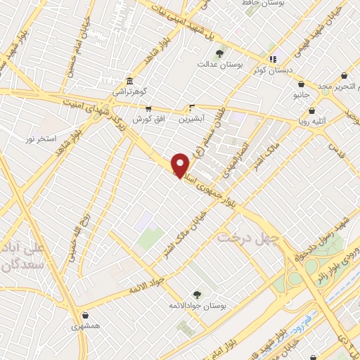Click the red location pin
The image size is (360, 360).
(x=181, y=164)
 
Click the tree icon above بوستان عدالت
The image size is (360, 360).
(x=219, y=53)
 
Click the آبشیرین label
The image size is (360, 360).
(x=191, y=119)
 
